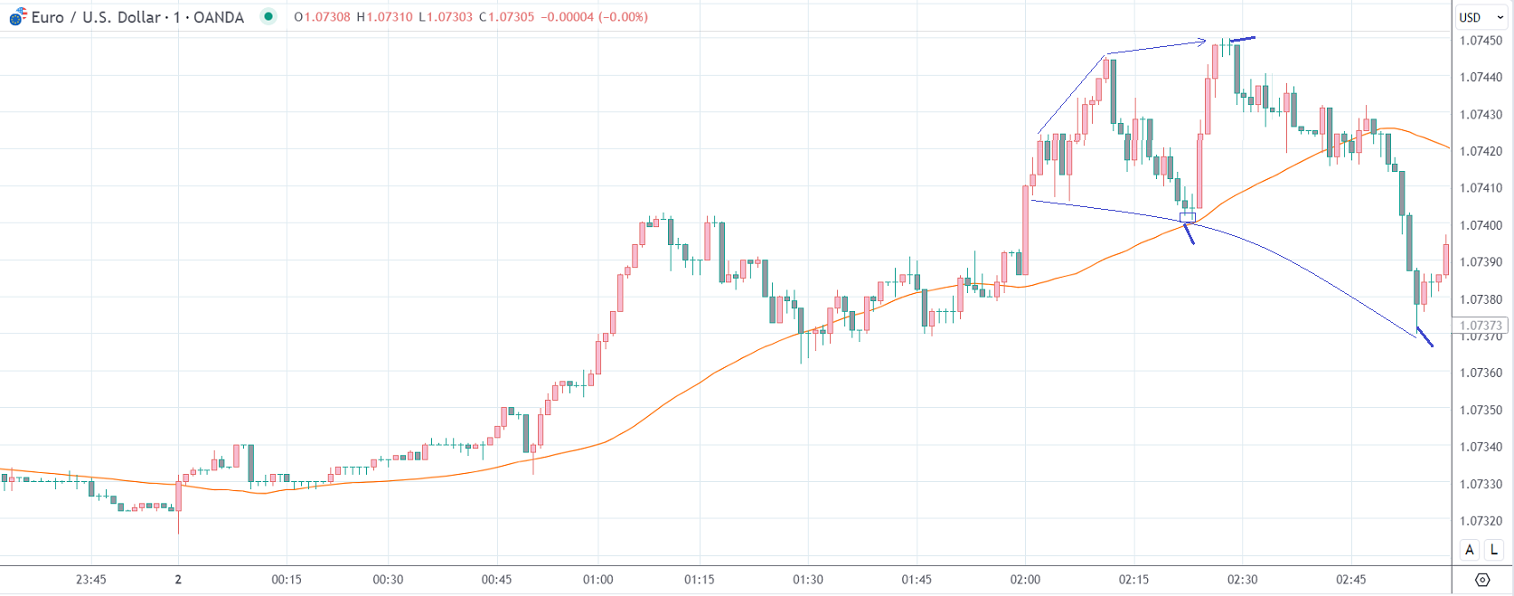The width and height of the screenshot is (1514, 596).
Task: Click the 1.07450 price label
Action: pos(1481,41)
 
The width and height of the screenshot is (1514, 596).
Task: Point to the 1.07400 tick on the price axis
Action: pos(1481,225)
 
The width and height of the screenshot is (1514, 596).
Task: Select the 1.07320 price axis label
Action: pos(1481,521)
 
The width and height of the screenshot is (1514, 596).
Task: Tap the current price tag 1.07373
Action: pos(1481,326)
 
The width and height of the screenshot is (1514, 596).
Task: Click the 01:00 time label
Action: pos(597,580)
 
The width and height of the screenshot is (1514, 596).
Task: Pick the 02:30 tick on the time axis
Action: pos(1242,580)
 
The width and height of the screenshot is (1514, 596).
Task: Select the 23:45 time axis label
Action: pos(91,580)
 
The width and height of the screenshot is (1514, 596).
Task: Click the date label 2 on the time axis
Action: pos(178,580)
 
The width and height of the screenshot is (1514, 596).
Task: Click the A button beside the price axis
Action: pos(1470,550)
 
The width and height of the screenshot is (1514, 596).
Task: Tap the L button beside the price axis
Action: pos(1494,550)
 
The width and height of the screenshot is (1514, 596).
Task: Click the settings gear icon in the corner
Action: pos(1482,580)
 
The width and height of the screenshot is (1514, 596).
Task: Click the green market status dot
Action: pos(268,16)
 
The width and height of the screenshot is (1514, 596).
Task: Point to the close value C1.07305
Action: pos(506,17)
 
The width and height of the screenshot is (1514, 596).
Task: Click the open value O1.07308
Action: pos(322,17)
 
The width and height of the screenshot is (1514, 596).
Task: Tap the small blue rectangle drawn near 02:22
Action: pos(1188,217)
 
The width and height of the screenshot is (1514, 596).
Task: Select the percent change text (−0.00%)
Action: pos(623,17)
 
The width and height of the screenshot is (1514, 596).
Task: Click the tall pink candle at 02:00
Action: pos(1026,230)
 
